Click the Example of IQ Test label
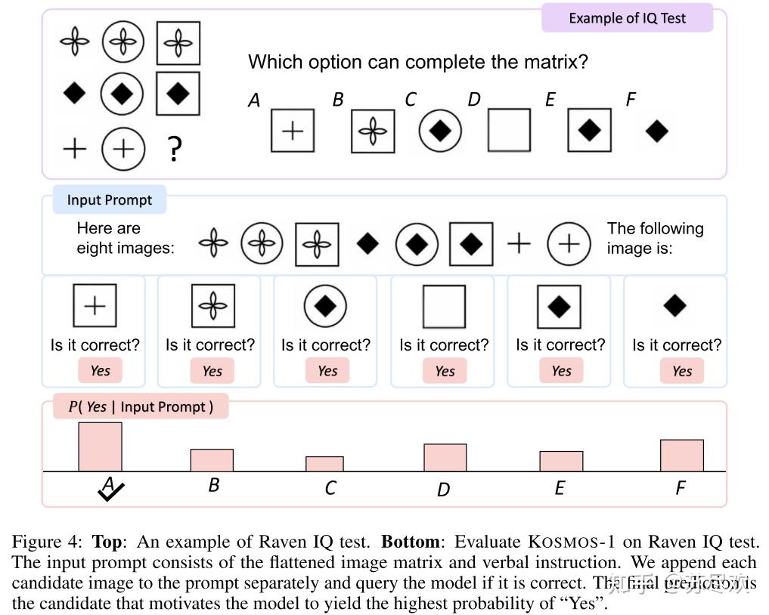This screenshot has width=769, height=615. click(x=627, y=18)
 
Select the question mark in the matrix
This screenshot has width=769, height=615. click(x=175, y=149)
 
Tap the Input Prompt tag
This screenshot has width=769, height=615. click(x=109, y=200)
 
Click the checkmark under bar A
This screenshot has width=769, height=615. click(x=110, y=492)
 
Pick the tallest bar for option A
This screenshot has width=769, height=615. click(x=100, y=447)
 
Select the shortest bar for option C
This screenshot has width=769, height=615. click(x=324, y=464)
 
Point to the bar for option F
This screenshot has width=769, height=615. click(x=681, y=456)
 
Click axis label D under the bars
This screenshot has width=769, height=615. click(x=443, y=490)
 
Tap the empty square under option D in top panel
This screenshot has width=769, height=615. click(x=509, y=130)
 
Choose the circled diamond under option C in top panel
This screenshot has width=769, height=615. click(x=440, y=130)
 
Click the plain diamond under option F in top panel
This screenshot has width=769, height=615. click(x=656, y=131)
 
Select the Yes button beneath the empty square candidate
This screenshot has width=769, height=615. click(x=445, y=371)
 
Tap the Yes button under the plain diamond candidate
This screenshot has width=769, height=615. click(x=681, y=371)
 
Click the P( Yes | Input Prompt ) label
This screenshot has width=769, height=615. click(x=141, y=407)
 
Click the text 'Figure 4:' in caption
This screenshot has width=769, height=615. click(x=47, y=542)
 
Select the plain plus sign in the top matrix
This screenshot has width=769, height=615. click(x=74, y=148)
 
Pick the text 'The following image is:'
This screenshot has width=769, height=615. click(x=654, y=238)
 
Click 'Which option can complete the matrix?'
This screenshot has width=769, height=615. click(x=417, y=61)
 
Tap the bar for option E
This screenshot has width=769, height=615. click(x=561, y=461)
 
